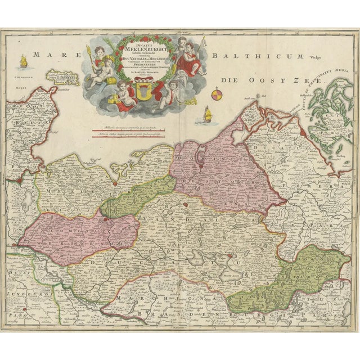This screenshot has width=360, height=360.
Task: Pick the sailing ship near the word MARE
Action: point(23,59)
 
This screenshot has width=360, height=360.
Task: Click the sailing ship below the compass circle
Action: point(208,115)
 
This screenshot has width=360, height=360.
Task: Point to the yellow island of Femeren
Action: point(62,78)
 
